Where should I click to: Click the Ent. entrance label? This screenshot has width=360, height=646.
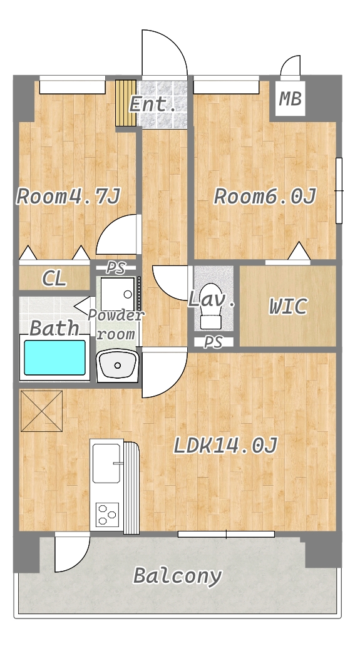[x=153, y=105]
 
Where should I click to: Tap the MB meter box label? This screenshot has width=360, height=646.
[x=291, y=99]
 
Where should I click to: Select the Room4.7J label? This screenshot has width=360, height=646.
[x=68, y=197]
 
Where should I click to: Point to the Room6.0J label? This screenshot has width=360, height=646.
[x=265, y=197]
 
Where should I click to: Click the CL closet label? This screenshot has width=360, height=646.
[x=54, y=279]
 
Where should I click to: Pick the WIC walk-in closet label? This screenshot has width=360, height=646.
[x=289, y=307]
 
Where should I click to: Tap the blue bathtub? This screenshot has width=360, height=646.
[x=55, y=357]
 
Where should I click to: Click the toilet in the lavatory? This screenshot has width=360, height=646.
[x=211, y=305]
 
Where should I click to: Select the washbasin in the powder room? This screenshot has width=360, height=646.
[x=118, y=365]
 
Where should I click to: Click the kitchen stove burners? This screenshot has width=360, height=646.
[x=107, y=515]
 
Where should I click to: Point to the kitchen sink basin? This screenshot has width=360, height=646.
[x=106, y=463]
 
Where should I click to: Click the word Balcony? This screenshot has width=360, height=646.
[x=178, y=575]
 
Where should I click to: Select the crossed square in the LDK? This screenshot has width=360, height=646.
[x=41, y=411]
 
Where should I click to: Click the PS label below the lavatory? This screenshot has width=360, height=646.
[x=213, y=342]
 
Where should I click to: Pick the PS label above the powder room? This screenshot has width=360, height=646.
[x=116, y=268]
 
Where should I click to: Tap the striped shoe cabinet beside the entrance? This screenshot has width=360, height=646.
[x=126, y=103]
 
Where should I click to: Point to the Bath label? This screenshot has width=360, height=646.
[x=54, y=329]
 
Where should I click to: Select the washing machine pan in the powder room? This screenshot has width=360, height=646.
[x=118, y=294]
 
